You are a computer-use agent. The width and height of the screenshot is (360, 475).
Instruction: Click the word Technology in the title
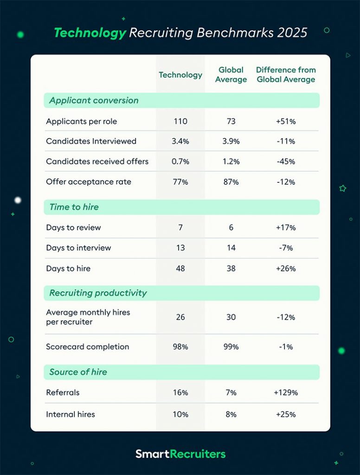[x=90, y=33]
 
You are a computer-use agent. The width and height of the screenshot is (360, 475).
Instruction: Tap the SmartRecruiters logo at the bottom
[x=180, y=454]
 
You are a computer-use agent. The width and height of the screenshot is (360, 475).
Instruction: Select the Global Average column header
[x=231, y=75]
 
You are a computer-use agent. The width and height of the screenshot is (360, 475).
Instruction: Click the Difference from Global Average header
[x=286, y=75]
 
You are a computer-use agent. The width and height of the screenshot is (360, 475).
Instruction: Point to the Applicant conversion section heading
[x=94, y=101]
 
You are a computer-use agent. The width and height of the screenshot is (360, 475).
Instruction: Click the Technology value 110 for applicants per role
[x=180, y=122]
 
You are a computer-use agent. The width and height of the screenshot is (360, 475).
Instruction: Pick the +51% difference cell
[x=286, y=122]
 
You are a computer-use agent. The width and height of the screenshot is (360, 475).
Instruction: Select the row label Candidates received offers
[x=97, y=161]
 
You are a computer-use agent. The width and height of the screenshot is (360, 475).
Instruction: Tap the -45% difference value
[x=286, y=161]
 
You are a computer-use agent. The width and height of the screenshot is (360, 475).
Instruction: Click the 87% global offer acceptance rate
[x=231, y=182]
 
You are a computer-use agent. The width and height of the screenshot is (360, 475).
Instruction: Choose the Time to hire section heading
[x=74, y=207]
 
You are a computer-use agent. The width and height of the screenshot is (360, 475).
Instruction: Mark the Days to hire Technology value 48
[x=180, y=268]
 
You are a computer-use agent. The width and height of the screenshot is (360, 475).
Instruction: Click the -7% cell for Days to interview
[x=286, y=248]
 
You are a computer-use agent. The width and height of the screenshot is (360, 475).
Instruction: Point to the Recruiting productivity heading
[x=98, y=293]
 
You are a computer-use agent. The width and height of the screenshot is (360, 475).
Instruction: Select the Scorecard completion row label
[x=87, y=347]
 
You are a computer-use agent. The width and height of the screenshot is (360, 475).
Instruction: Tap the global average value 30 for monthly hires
[x=231, y=317]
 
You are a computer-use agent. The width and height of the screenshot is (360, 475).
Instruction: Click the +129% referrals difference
[x=286, y=392]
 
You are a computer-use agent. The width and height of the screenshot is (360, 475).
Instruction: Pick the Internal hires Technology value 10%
[x=180, y=414]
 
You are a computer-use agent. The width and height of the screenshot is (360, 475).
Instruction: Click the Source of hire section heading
[x=78, y=372]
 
